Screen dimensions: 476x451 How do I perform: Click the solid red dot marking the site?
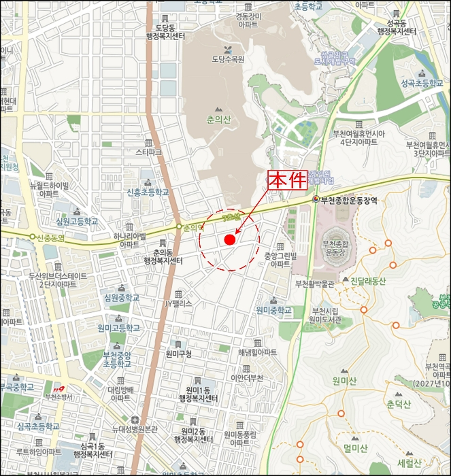229,240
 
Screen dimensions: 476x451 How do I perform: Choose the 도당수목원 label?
228,60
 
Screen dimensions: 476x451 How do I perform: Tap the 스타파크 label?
149,153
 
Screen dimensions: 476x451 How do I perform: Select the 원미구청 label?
178,354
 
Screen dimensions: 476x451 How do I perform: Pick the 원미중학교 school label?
273,310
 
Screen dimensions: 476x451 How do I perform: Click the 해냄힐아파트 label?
258,353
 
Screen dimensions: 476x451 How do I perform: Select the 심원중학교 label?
121,298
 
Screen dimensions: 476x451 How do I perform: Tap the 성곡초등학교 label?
421,84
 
